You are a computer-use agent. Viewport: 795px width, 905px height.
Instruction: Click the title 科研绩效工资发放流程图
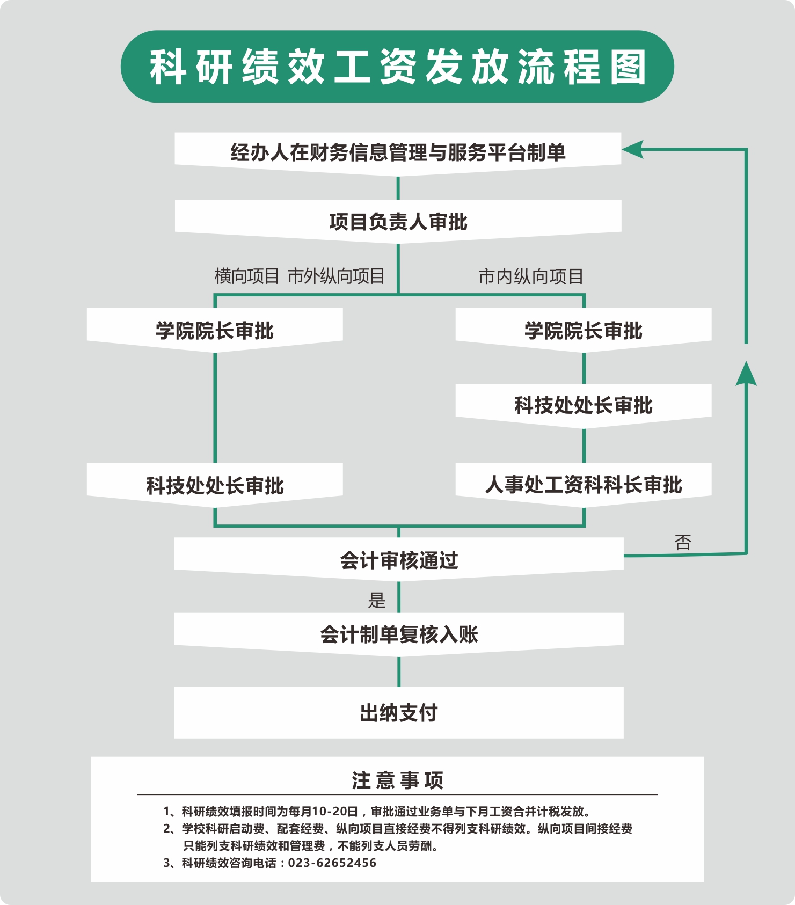coord(398,67)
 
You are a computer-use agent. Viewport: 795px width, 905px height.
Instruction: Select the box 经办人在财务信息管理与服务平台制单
coord(398,153)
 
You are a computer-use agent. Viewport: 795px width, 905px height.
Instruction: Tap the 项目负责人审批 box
coord(398,221)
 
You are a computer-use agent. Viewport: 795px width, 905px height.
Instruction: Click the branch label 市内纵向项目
coord(530,276)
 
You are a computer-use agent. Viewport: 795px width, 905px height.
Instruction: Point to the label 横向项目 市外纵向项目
coord(300,276)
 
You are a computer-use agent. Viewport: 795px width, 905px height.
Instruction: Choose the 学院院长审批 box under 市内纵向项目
coord(584,330)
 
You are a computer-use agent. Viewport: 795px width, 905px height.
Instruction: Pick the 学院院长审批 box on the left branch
coord(215,330)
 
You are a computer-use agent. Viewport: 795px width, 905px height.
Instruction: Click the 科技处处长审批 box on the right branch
coord(584,405)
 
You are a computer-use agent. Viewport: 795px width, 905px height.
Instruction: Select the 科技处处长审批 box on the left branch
coord(215,485)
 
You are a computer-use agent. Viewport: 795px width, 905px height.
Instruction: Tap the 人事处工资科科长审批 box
coord(584,485)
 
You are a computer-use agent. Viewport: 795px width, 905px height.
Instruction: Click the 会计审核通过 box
coord(399,560)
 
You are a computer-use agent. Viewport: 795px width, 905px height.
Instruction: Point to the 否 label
coord(683,542)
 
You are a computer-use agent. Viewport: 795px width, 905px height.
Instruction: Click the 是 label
coord(377,600)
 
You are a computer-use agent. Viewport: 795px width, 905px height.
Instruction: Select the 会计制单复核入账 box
coord(399,634)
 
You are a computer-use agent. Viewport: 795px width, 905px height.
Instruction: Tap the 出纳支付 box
coord(399,713)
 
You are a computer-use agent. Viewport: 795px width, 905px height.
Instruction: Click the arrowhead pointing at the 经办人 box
coord(632,149)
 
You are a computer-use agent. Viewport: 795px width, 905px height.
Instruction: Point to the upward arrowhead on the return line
coord(746,374)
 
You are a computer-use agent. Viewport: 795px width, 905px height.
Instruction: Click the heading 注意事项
coord(398,780)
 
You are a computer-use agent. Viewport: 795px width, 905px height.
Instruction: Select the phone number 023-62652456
coord(332,863)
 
